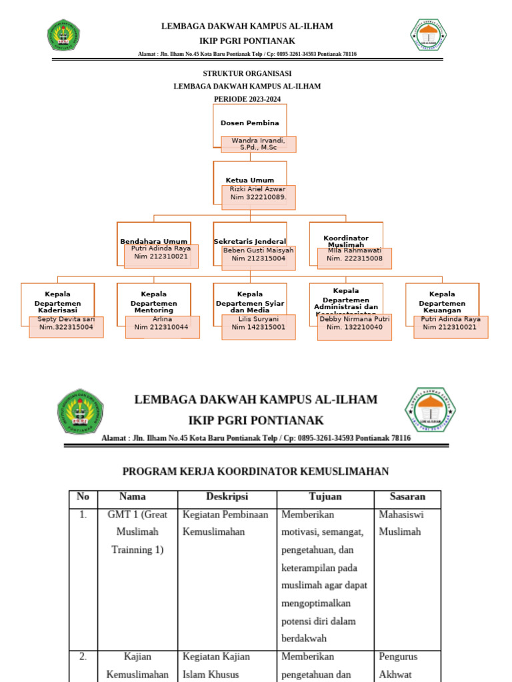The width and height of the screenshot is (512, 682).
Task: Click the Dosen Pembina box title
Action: coord(250,123)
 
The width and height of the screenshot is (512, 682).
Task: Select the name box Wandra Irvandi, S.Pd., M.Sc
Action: coord(258,144)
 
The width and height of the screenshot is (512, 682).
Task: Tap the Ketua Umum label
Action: coord(250,180)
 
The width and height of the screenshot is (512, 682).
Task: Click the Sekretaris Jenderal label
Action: coord(250,241)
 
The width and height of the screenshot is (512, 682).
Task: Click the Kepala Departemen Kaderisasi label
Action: coord(57,302)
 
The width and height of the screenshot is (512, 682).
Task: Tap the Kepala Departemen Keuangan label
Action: coord(442,302)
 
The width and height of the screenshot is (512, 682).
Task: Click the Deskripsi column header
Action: coord(227,497)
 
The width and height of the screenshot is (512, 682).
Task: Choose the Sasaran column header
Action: coord(406,497)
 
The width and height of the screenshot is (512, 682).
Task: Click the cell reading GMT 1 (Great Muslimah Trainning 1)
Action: coord(137,532)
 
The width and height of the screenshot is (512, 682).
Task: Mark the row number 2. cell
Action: coord(83,657)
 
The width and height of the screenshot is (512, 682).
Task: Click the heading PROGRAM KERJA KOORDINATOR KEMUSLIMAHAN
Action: coord(255,472)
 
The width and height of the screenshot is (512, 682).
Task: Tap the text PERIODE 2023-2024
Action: coord(247,99)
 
